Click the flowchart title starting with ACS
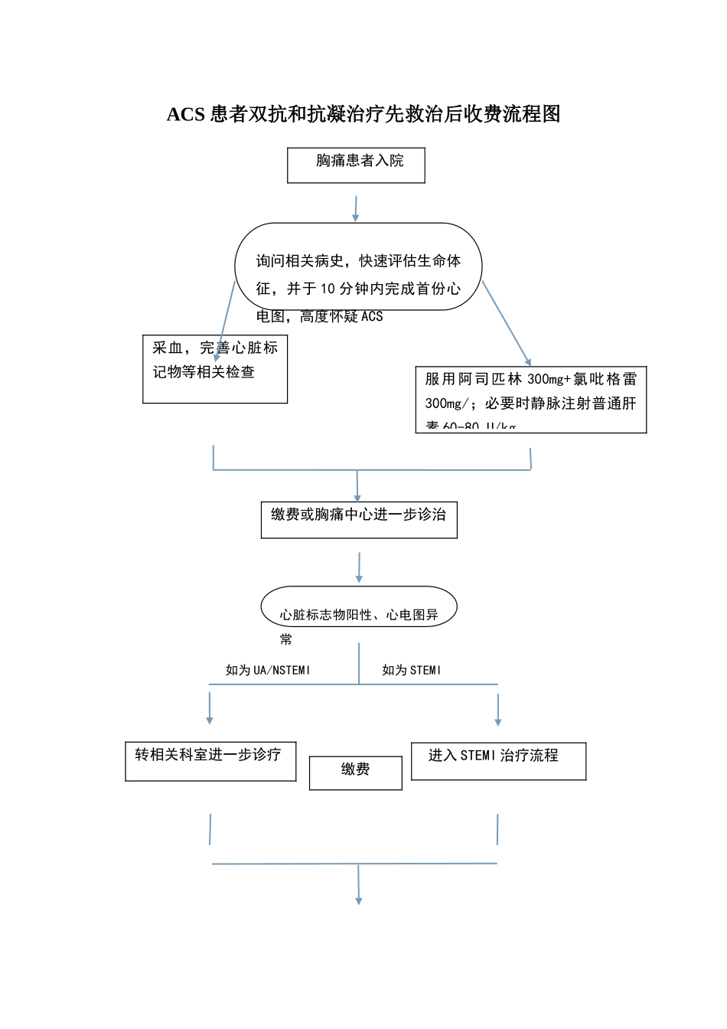(363, 114)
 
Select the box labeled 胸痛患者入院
(356, 165)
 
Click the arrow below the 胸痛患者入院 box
(355, 208)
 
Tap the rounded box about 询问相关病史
(358, 267)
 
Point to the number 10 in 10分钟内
(328, 289)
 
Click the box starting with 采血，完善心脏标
(215, 369)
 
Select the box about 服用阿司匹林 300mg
(531, 400)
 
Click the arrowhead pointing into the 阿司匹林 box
(527, 361)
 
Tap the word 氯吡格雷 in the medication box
(605, 379)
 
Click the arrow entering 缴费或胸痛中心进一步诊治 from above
(357, 486)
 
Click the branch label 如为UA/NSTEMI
(268, 670)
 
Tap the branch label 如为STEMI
(412, 670)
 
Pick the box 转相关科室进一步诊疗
(210, 761)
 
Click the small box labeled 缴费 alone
(356, 773)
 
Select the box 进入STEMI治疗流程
(498, 761)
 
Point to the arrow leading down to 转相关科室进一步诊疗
(210, 708)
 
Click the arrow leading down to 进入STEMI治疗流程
(498, 709)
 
